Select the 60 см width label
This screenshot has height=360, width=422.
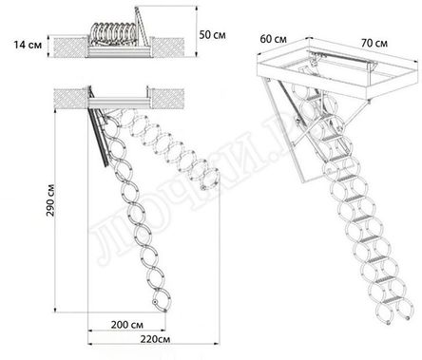click(275, 41)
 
